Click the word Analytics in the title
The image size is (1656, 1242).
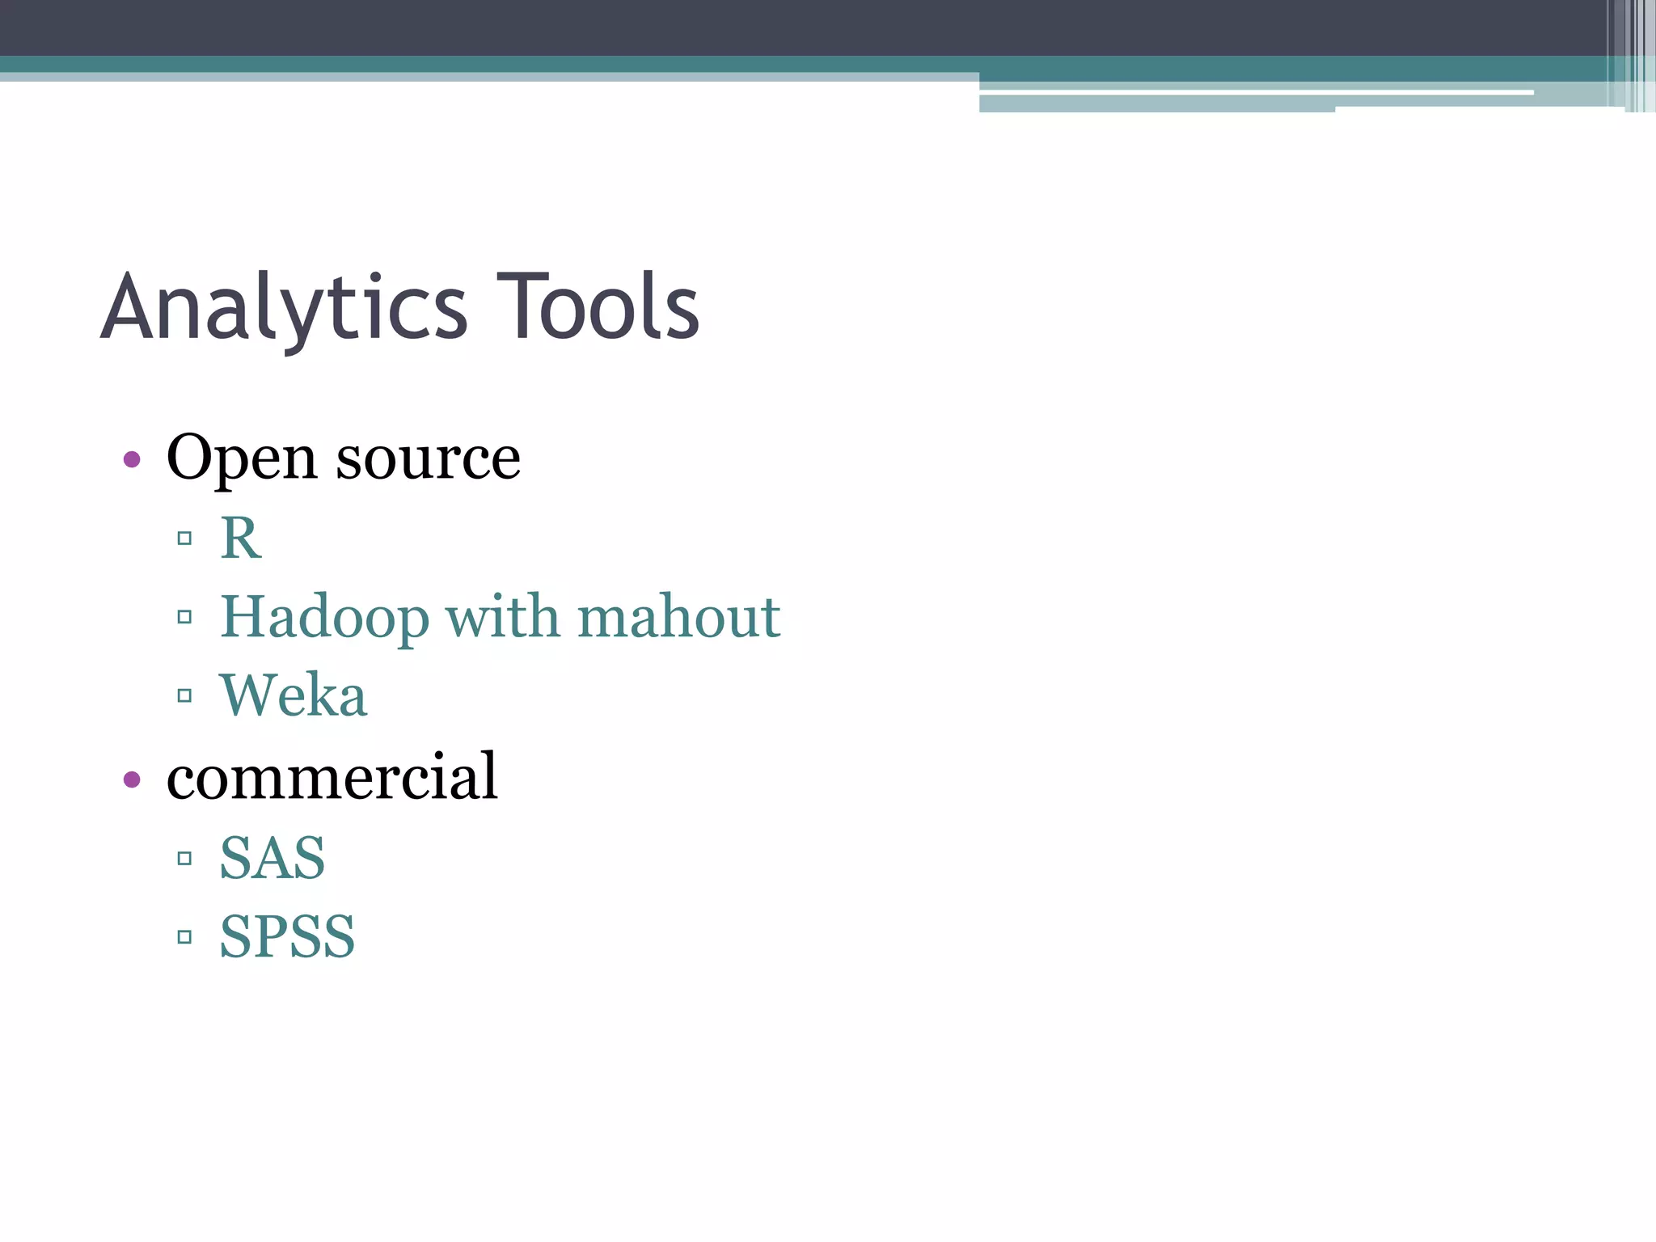click(x=284, y=308)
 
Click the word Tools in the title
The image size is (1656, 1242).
click(x=598, y=306)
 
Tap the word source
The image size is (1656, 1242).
click(x=428, y=458)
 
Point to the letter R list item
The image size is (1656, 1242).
click(x=240, y=538)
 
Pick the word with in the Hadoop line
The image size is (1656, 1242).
click(x=502, y=616)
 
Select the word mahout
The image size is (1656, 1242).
click(x=678, y=616)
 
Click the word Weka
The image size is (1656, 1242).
click(x=294, y=695)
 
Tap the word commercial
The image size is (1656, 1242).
click(x=332, y=776)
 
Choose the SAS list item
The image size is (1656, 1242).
click(x=272, y=858)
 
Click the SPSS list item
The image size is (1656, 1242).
click(x=287, y=937)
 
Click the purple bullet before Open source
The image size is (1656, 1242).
click(x=132, y=460)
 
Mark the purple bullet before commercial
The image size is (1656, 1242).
click(x=132, y=780)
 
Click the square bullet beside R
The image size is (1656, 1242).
click(x=184, y=539)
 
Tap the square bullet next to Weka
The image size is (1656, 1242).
click(x=184, y=695)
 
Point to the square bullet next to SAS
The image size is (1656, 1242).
click(x=184, y=858)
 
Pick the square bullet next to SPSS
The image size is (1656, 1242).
click(x=184, y=937)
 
